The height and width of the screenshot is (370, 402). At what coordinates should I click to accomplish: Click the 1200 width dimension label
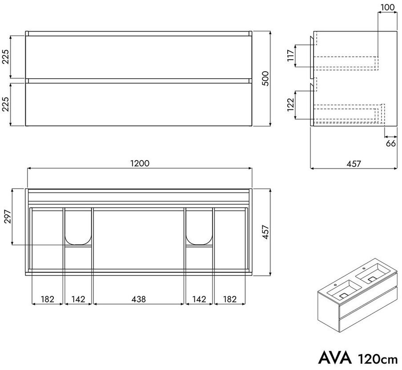[140, 163]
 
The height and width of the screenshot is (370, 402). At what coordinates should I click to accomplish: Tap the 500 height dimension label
[265, 78]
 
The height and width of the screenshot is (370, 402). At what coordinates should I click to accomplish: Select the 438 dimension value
[139, 299]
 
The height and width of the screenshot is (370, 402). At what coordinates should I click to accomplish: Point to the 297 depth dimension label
[8, 217]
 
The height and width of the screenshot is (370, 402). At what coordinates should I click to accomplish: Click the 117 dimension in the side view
[290, 56]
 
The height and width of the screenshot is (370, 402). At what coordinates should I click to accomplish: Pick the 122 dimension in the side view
[290, 105]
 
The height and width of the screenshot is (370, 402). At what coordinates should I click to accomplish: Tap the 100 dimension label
[387, 8]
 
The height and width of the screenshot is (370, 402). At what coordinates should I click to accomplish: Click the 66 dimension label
[391, 143]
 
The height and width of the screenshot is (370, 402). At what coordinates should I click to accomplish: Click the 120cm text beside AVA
[378, 359]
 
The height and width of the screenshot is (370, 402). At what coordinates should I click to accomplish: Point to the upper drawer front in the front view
[139, 57]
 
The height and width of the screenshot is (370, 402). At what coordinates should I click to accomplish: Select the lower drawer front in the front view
[139, 105]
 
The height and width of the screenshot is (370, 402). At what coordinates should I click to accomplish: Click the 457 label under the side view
[354, 163]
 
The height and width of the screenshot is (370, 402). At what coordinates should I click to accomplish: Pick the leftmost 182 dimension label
[48, 299]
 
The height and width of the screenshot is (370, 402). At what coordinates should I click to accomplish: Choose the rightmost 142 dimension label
[199, 299]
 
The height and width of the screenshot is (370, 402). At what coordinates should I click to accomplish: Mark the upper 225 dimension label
[6, 56]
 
